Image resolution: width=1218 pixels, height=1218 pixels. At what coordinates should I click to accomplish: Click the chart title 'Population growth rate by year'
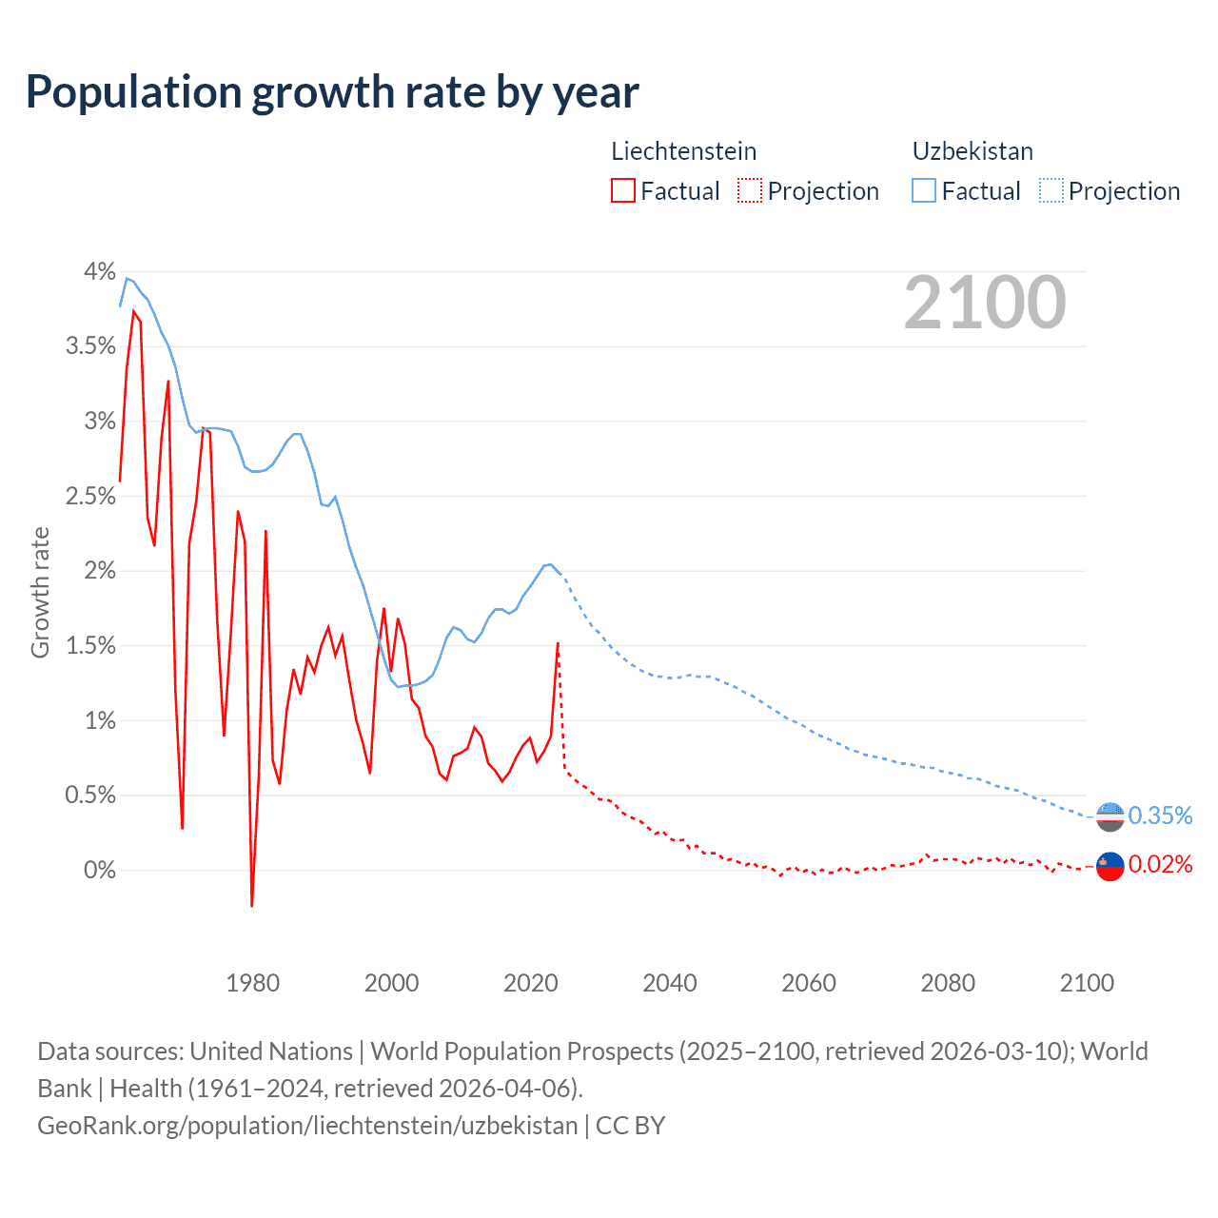[332, 92]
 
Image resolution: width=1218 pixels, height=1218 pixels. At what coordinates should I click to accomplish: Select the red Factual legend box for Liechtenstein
[623, 191]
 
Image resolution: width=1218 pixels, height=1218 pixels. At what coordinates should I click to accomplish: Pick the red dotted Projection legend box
[750, 191]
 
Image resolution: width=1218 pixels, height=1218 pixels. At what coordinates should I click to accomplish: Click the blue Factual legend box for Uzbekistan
[924, 191]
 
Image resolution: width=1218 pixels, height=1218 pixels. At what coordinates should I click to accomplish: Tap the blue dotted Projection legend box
[1051, 191]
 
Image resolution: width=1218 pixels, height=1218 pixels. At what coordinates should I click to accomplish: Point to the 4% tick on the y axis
[99, 272]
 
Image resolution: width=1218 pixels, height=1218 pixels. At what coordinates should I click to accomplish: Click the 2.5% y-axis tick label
[90, 496]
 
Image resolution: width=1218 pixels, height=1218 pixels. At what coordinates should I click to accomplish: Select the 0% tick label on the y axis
[99, 870]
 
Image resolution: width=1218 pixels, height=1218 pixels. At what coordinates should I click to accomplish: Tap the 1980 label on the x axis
[252, 983]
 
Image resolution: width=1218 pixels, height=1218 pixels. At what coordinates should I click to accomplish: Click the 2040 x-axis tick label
[670, 983]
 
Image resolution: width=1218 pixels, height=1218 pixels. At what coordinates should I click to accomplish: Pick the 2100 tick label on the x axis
[1087, 983]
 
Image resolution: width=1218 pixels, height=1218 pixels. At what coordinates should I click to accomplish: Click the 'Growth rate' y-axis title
[40, 592]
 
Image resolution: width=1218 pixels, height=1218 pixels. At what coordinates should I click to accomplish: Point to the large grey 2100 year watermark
[985, 303]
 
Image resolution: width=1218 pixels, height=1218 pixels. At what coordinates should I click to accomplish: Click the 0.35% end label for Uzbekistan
[1160, 815]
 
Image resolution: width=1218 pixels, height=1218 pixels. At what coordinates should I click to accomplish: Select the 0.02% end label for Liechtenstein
[1160, 864]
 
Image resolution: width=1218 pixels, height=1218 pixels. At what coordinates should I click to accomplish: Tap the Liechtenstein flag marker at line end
[1110, 866]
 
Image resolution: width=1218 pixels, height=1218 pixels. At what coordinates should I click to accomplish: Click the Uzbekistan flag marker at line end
[1110, 816]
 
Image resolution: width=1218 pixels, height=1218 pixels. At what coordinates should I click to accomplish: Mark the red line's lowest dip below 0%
[252, 905]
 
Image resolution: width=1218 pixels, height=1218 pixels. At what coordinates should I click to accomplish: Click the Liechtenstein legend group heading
[683, 151]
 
